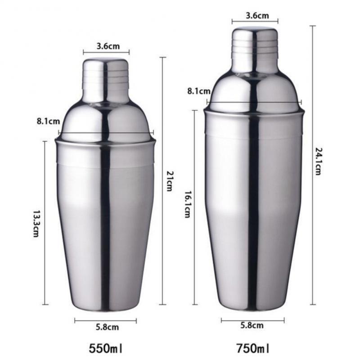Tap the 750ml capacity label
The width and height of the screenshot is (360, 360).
coord(253,348)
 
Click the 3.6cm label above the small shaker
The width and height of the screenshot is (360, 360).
coord(107,45)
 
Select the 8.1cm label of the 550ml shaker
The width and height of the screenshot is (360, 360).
coord(47,121)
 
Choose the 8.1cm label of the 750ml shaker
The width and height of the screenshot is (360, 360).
coord(198,91)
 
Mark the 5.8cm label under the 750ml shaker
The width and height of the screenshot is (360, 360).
coord(252,325)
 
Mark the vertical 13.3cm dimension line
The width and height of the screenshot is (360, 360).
coord(45,180)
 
